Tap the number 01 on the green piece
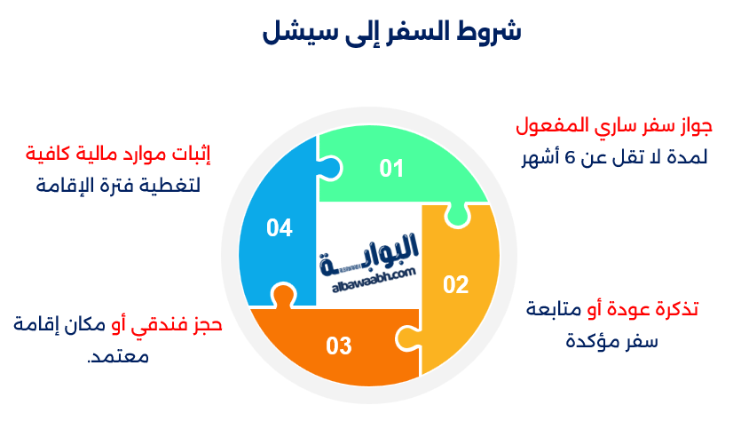tap(391, 168)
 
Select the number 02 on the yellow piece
tap(455, 284)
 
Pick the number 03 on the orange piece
tap(338, 346)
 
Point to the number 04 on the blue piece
tap(279, 228)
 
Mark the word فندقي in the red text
tap(156, 326)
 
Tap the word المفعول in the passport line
tap(550, 125)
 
